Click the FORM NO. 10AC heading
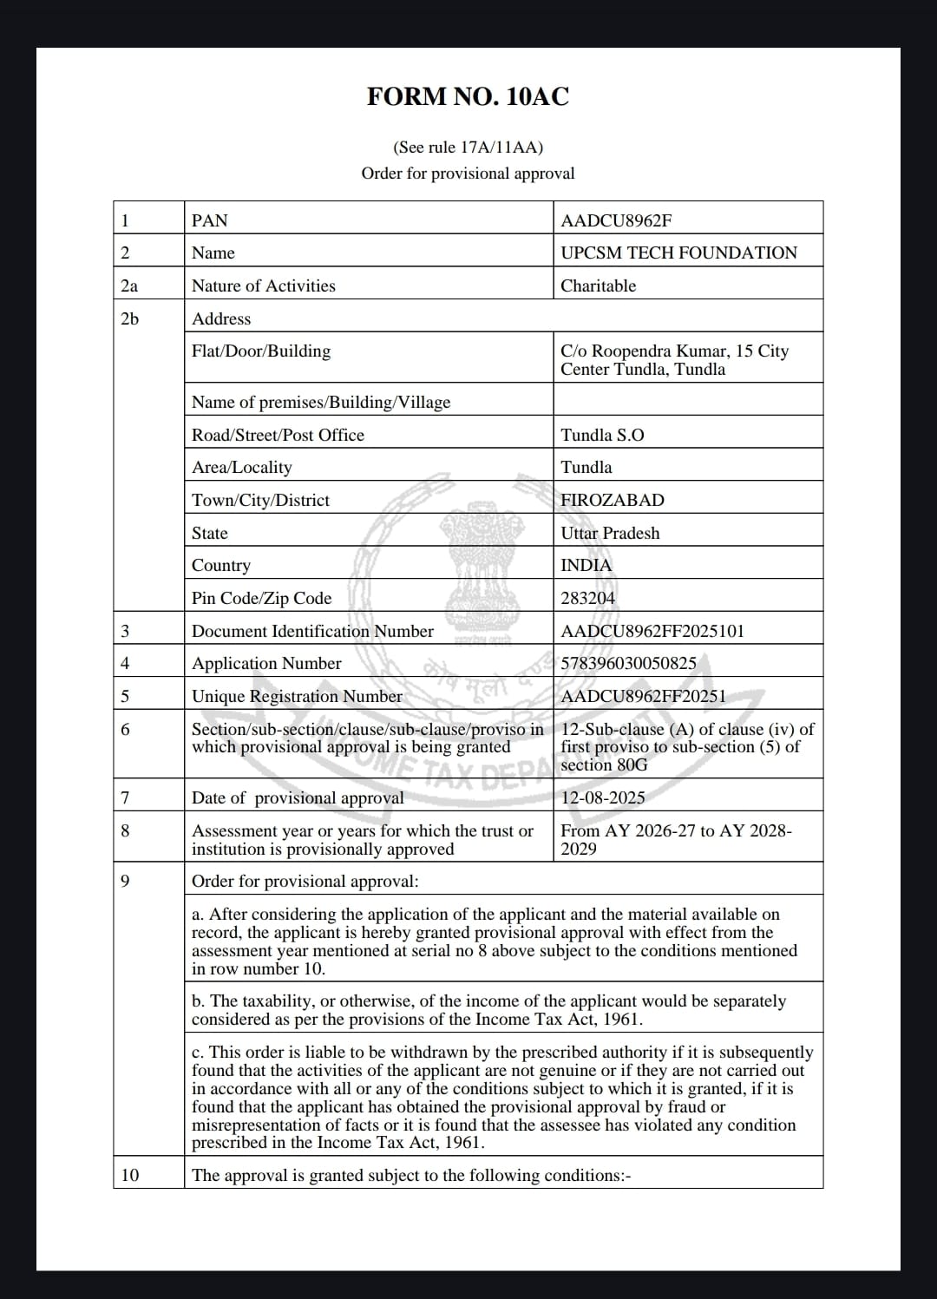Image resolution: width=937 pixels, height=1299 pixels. coord(468,96)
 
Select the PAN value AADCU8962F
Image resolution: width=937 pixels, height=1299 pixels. coord(616,220)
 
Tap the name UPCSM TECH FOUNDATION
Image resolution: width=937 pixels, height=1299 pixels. coord(678,253)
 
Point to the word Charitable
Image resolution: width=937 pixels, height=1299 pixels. coord(598,285)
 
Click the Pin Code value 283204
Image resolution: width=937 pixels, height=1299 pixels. coord(587,598)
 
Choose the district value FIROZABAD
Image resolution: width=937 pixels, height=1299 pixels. coord(612,500)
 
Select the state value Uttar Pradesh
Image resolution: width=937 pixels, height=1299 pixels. coord(610,533)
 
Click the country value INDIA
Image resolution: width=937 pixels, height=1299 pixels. coord(586,565)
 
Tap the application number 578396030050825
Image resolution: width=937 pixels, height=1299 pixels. coord(628,663)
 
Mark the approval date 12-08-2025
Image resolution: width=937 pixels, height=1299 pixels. coord(603,797)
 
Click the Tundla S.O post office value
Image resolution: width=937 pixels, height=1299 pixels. coord(602,435)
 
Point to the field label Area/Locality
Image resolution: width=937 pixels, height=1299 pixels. coord(242,467)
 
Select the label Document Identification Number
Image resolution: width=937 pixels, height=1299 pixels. coord(312,631)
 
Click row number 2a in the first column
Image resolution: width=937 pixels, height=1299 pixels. coord(129,285)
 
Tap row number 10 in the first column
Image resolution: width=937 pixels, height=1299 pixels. coord(129,1175)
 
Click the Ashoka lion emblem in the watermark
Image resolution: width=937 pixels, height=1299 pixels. coord(481,555)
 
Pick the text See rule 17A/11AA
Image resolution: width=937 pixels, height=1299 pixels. coord(468,148)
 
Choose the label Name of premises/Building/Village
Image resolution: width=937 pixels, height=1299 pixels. coord(321,402)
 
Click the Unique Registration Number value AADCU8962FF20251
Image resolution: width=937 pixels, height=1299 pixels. coord(643,696)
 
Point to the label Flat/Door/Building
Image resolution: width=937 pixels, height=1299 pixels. coord(261,351)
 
